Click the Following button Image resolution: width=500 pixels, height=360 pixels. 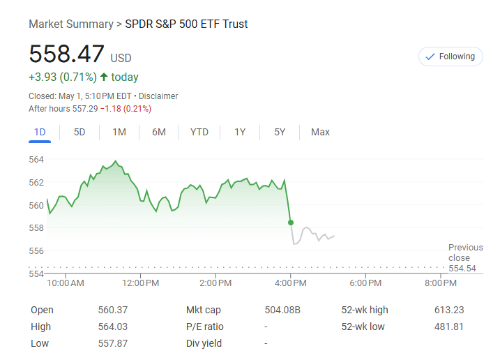(x=450, y=57)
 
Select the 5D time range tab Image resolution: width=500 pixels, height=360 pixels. (x=79, y=132)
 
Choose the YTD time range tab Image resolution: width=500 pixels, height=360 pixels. (x=199, y=132)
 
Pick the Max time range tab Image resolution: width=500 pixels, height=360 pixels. (x=320, y=132)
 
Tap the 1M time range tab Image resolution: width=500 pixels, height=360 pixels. (x=119, y=132)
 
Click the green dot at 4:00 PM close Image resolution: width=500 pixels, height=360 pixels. (x=291, y=222)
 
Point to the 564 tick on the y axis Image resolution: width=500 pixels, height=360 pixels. (x=36, y=160)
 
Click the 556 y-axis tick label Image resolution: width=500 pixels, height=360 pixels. (x=36, y=250)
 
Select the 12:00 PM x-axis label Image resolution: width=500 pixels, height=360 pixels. (x=140, y=283)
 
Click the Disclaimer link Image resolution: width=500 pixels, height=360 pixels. (x=158, y=96)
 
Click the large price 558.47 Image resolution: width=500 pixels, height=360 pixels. (x=66, y=54)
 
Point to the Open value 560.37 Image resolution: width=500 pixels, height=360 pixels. (x=113, y=310)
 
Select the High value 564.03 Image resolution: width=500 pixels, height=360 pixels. (x=113, y=327)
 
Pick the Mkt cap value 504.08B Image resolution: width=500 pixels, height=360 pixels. (x=283, y=310)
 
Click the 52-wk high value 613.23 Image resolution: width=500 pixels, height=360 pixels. (x=449, y=310)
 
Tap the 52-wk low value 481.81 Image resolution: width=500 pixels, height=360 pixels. (x=449, y=327)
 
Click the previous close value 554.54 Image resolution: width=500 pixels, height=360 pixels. (x=462, y=268)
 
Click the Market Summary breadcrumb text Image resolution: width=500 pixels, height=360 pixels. (x=70, y=24)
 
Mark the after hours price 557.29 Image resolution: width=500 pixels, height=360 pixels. (x=85, y=109)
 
